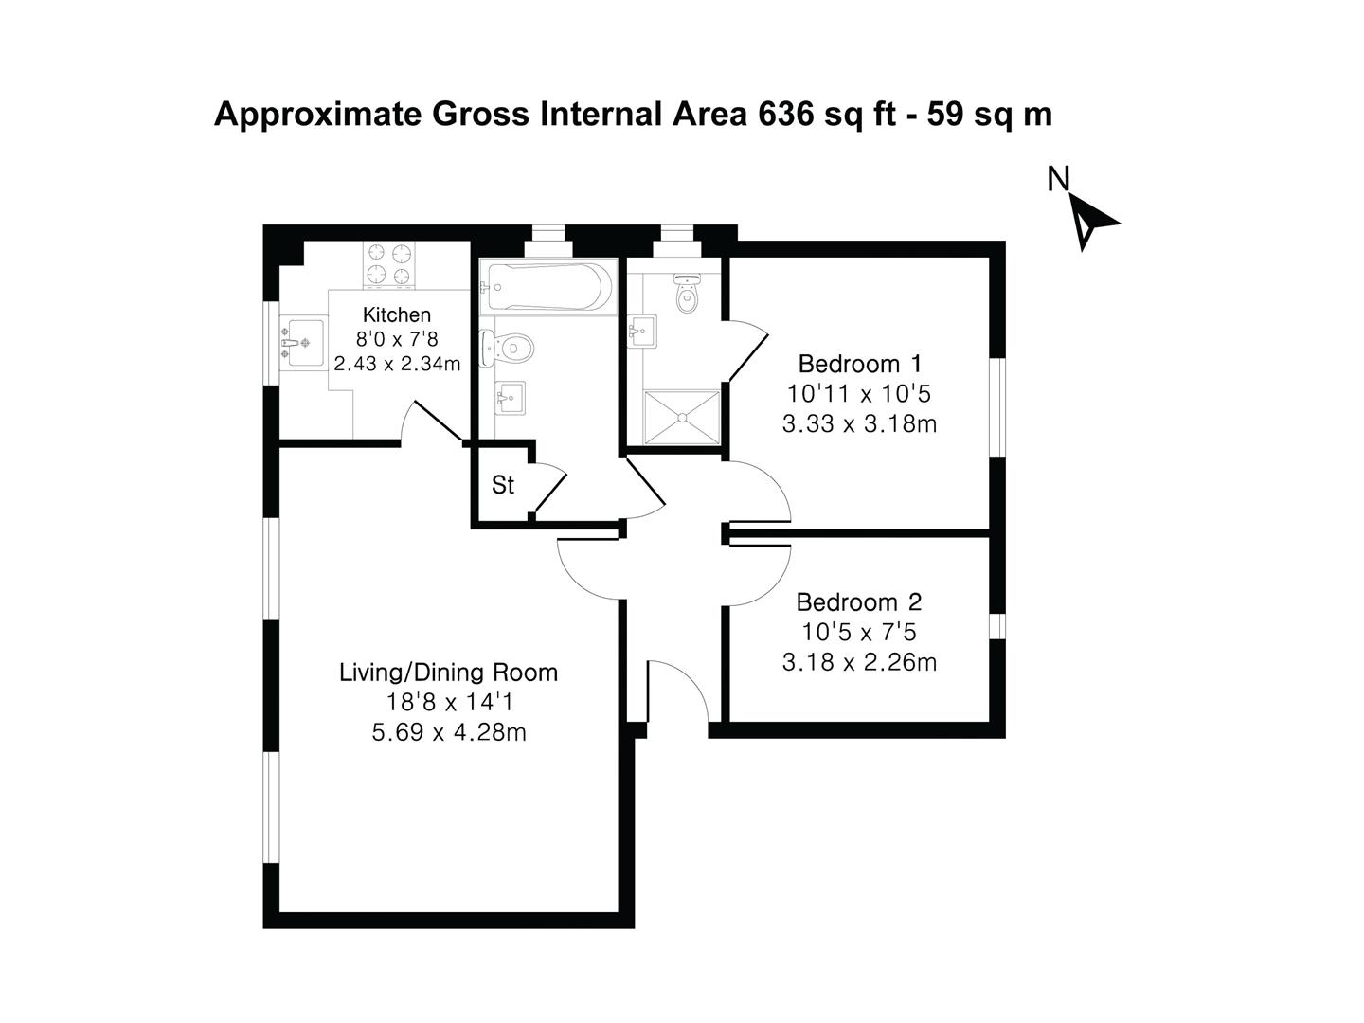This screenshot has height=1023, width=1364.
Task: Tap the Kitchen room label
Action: [397, 314]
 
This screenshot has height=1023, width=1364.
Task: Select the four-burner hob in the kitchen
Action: [389, 264]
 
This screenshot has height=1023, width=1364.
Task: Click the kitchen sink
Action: [302, 343]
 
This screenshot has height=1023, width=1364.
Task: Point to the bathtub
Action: [547, 287]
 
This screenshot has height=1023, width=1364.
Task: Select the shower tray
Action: [682, 418]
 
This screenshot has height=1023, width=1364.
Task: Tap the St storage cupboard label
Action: [502, 485]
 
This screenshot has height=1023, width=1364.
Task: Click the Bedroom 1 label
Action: [860, 364]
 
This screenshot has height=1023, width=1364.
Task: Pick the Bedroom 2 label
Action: [859, 602]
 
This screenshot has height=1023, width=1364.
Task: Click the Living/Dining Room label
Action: [448, 673]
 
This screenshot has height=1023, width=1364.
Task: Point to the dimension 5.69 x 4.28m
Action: [449, 733]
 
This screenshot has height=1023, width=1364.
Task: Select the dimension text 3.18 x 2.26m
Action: [859, 663]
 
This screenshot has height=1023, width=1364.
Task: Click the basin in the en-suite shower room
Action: [641, 332]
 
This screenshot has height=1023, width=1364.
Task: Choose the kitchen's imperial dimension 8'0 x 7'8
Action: [397, 339]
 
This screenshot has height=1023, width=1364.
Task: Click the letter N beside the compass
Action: [1058, 179]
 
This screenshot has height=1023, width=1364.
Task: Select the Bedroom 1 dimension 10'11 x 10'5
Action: [859, 394]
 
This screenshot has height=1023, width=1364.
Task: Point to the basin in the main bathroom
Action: [511, 398]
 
